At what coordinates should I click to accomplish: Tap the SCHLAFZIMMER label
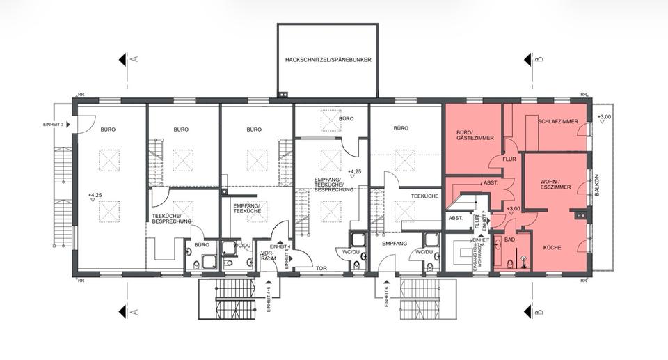(558, 122)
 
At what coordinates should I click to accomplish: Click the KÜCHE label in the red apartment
(552, 247)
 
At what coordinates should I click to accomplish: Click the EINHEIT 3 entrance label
(53, 125)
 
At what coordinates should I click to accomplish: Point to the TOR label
(321, 268)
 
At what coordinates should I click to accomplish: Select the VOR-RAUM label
(269, 256)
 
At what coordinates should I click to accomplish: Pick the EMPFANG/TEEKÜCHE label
(246, 209)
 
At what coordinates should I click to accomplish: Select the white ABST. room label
(456, 218)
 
